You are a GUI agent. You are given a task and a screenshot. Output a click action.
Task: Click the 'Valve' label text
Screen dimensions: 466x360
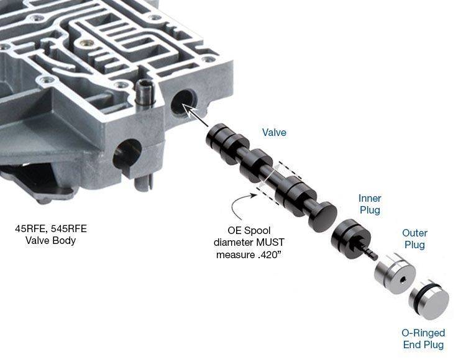pos(274,132)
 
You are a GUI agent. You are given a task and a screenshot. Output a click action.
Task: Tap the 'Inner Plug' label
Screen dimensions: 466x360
pos(370,204)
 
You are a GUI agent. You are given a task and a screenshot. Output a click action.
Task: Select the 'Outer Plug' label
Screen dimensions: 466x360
pos(414,238)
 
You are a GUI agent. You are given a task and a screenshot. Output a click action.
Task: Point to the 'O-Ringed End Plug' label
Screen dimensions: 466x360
pos(423,339)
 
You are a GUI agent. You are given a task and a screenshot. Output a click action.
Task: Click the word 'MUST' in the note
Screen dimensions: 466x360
pos(270,243)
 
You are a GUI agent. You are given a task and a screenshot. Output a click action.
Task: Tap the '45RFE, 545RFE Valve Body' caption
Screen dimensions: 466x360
pos(51,235)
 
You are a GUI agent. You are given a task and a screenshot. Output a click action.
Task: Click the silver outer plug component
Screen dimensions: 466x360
pos(395,273)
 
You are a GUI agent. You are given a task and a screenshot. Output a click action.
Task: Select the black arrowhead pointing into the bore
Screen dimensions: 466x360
pos(186,109)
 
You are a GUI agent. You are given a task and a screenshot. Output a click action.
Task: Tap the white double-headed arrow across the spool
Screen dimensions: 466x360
pos(269,175)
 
